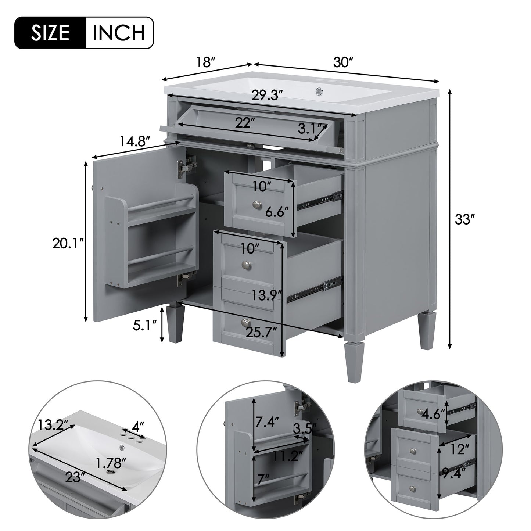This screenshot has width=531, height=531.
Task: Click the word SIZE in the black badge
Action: [x=50, y=33]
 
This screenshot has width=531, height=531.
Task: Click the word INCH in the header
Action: [x=119, y=33]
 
